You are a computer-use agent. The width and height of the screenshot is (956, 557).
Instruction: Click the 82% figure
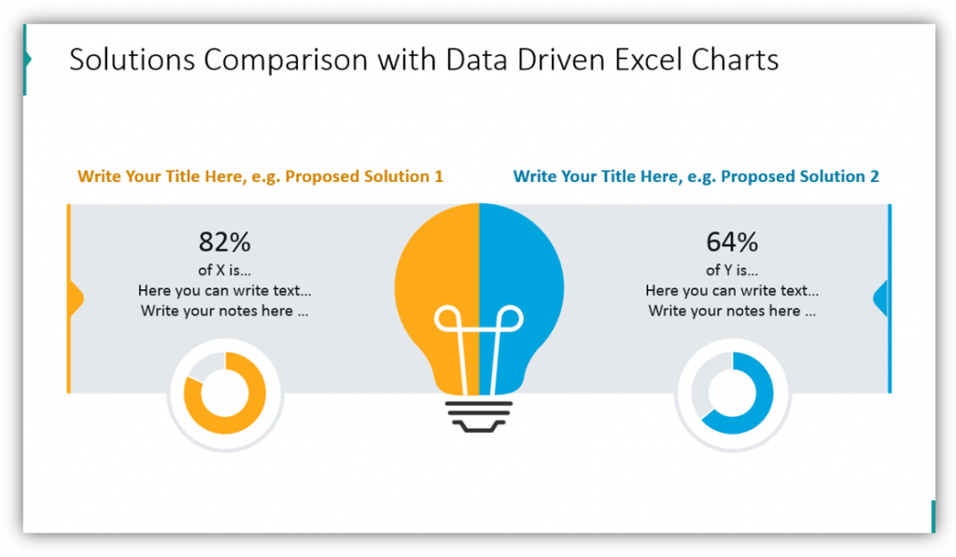click(x=224, y=242)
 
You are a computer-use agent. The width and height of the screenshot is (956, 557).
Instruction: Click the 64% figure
click(x=732, y=242)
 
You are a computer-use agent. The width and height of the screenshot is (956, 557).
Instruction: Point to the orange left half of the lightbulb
click(x=437, y=293)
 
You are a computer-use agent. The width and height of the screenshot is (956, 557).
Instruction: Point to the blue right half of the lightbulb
click(x=521, y=293)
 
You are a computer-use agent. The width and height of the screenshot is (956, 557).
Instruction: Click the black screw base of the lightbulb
click(x=479, y=417)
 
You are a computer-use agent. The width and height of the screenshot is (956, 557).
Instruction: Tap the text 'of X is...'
click(x=224, y=270)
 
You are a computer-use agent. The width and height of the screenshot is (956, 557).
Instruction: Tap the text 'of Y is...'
click(x=732, y=270)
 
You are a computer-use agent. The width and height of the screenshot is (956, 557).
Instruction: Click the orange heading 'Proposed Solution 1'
click(x=364, y=176)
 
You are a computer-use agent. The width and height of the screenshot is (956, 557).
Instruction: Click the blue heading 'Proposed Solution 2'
click(x=800, y=176)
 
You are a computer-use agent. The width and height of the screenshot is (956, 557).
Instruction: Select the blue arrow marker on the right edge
click(x=880, y=299)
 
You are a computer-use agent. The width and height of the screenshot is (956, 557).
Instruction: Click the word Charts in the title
click(x=735, y=60)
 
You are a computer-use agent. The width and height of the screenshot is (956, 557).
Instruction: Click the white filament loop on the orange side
click(x=448, y=319)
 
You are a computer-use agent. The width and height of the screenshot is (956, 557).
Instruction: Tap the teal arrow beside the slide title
click(x=27, y=59)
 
